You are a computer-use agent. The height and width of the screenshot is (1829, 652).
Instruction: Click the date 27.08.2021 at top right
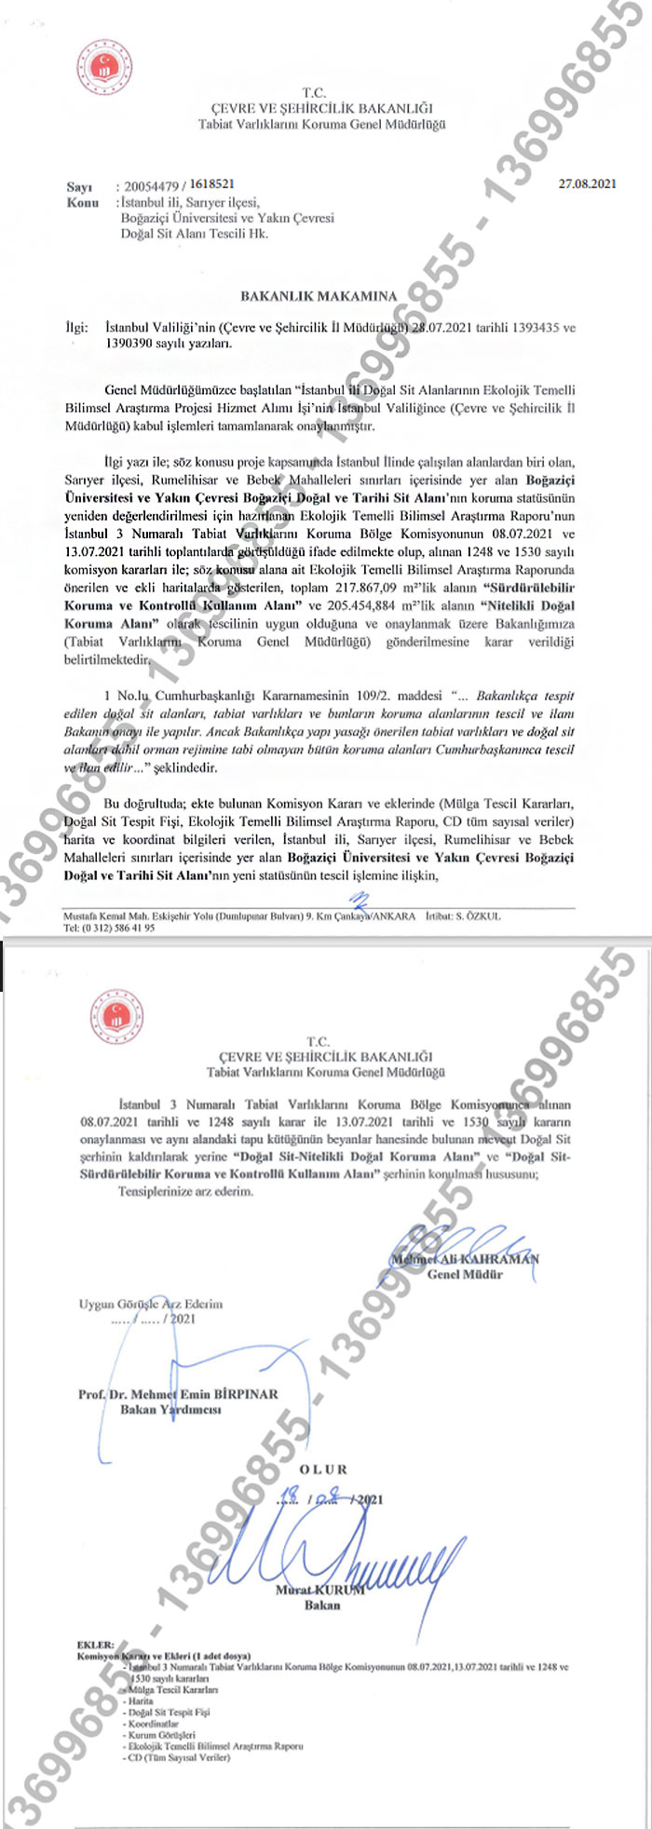[x=587, y=184]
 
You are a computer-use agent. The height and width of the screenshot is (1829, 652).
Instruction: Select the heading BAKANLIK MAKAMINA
[x=319, y=296]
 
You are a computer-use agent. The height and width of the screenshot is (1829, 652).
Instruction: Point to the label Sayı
[x=79, y=186]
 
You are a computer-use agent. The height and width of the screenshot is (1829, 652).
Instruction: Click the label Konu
[x=82, y=201]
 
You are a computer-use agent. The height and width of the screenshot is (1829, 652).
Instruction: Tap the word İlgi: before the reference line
[x=75, y=329]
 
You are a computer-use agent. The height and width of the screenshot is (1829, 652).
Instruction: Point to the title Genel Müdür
[x=465, y=1274]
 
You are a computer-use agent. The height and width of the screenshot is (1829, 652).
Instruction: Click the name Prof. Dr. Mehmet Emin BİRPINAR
[x=178, y=1395]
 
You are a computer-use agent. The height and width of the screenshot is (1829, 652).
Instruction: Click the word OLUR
[x=323, y=1470]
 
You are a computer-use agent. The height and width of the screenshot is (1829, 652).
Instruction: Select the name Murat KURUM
[x=319, y=1590]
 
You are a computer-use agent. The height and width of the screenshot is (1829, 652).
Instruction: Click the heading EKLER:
[x=97, y=1646]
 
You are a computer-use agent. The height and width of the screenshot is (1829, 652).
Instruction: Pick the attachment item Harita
[x=141, y=1700]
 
